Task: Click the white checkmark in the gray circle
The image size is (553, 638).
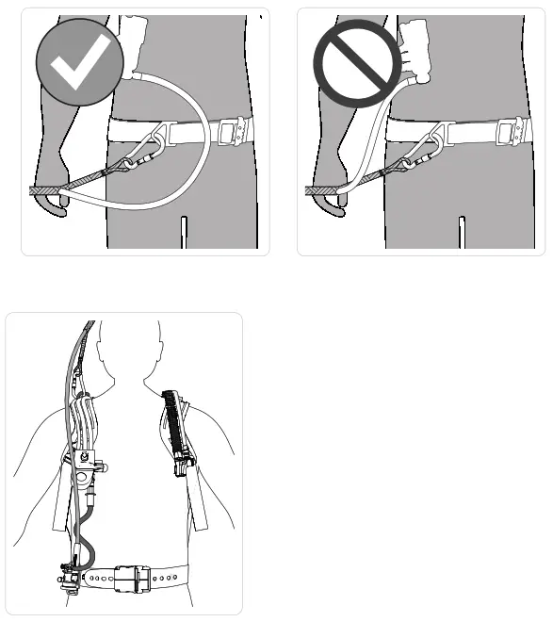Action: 79,63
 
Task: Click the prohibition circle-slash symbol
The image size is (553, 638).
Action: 357,63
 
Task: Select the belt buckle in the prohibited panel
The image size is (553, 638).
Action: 508,130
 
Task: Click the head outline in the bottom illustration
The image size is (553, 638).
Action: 125,349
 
